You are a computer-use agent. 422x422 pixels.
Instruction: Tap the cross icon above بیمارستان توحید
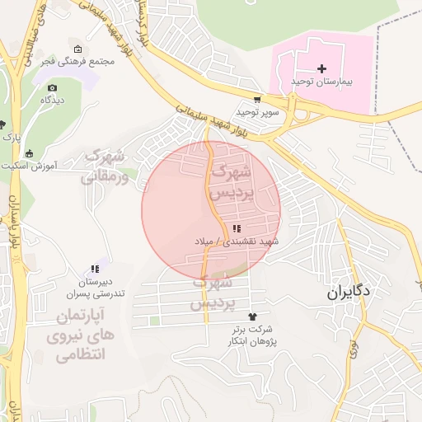322,68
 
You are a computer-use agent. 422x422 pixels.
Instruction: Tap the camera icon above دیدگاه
53,87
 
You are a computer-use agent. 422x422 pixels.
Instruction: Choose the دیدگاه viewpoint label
53,100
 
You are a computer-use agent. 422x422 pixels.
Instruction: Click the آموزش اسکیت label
52,165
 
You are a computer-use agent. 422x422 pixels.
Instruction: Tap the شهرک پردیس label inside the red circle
231,183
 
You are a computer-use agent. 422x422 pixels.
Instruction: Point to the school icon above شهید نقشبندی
237,228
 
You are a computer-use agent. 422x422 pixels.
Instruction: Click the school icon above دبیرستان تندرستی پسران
95,269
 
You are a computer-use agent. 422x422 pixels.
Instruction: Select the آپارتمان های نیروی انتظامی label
82,336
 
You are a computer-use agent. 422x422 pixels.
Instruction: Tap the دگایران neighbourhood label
349,292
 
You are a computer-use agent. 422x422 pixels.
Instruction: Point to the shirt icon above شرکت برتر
252,316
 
